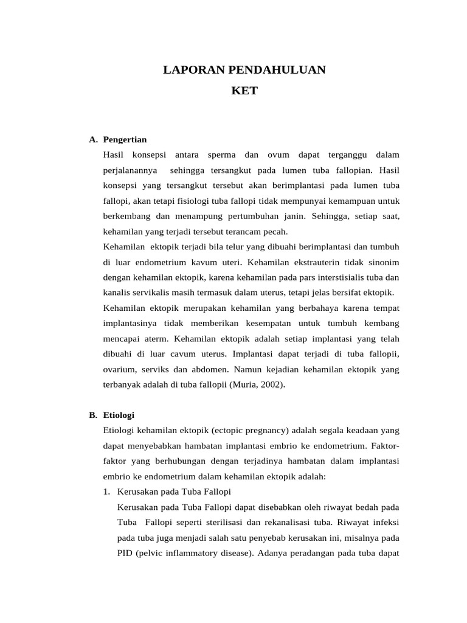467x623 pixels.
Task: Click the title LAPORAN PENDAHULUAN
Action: pyautogui.click(x=244, y=70)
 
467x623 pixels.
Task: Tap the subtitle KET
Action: pyautogui.click(x=244, y=91)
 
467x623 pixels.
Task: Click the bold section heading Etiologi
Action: pyautogui.click(x=119, y=416)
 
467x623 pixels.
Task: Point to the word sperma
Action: pyautogui.click(x=221, y=155)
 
